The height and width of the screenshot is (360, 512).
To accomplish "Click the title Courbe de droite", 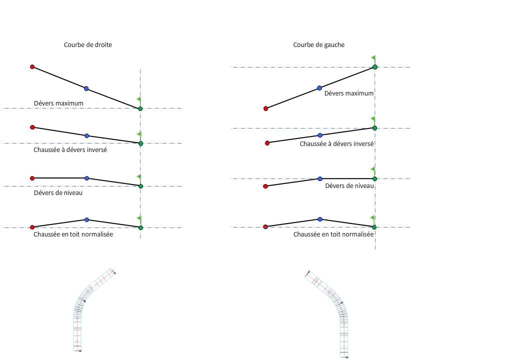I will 87,45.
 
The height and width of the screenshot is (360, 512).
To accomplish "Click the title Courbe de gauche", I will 318,45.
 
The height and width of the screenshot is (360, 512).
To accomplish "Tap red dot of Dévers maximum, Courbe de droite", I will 32,66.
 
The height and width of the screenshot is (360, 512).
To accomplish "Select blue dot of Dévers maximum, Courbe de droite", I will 86,88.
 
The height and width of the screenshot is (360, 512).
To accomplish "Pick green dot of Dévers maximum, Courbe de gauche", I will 374,67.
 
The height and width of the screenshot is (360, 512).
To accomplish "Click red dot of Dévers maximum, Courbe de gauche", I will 265,108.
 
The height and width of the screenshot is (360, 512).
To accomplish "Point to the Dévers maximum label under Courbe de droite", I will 58,103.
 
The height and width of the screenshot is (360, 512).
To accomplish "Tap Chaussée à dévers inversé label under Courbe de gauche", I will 336,143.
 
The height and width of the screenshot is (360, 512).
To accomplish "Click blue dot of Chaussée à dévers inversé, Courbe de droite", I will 86,135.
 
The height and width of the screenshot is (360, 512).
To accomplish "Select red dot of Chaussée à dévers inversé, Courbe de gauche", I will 267,143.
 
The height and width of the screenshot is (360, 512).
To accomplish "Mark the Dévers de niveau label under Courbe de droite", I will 58,193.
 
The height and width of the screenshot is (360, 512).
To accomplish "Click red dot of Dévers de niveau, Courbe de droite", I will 32,178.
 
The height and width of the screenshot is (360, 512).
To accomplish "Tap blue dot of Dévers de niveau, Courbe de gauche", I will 320,178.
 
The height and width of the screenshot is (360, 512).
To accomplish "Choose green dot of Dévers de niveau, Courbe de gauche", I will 374,178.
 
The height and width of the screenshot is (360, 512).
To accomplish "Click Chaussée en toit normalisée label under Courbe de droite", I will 73,234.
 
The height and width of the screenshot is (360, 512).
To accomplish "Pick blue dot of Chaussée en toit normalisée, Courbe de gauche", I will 320,219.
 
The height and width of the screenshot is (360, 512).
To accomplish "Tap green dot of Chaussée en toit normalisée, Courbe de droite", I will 140,227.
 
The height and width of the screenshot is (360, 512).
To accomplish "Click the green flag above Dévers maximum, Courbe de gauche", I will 373,58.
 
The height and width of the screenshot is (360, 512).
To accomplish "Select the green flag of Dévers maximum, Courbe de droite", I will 139,100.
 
